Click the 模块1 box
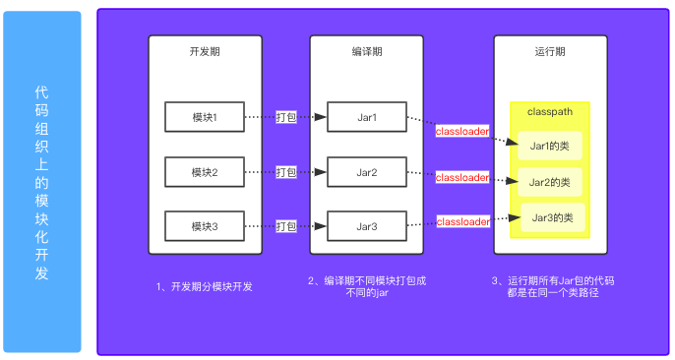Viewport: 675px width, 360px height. [x=204, y=118]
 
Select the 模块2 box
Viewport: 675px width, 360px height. [x=204, y=173]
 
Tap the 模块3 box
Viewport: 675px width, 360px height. [x=204, y=227]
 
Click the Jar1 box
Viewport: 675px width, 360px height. [x=367, y=118]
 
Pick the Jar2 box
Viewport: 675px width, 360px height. [x=367, y=173]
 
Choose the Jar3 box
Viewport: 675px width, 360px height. [x=367, y=227]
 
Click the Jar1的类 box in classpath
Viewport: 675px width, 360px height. [x=550, y=147]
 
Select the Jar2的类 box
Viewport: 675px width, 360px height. [x=550, y=182]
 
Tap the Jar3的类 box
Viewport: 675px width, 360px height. [x=551, y=216]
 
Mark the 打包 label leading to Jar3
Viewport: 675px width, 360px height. [x=286, y=227]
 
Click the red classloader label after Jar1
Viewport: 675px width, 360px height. [x=462, y=132]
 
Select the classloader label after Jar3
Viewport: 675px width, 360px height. [x=462, y=221]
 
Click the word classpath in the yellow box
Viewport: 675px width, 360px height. [x=550, y=114]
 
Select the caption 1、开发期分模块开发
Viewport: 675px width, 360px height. [x=205, y=287]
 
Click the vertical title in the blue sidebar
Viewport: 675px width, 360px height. [x=41, y=181]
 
